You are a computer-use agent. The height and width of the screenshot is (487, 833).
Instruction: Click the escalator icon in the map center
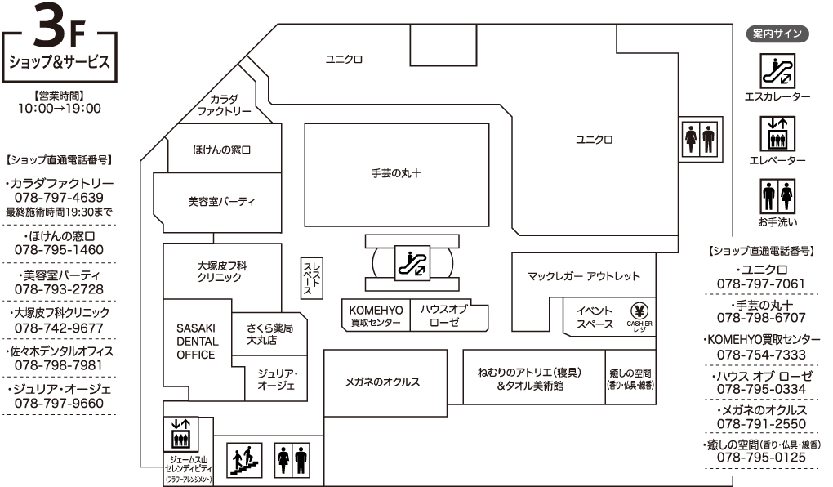pos(412,262)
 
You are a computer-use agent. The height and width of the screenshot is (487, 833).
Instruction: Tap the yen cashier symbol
pos(639,311)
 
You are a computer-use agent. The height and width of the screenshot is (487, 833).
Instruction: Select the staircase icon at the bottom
pos(244,460)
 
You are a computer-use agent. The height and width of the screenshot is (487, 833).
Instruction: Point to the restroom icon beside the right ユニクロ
pos(700,138)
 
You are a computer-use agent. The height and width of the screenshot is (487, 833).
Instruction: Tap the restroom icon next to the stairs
pos(292,460)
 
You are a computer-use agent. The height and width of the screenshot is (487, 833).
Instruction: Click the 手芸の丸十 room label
pos(396,173)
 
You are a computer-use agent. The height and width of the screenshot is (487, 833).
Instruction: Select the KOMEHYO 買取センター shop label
pos(376,315)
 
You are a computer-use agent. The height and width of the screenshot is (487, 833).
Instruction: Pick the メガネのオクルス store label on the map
pos(382,382)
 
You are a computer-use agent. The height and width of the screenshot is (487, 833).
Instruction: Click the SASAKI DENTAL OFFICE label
pos(197,342)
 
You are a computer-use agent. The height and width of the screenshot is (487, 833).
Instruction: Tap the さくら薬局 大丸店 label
pos(269,334)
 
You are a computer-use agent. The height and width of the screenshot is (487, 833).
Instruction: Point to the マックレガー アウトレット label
pos(584,276)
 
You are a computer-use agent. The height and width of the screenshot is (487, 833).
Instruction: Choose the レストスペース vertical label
pos(312,278)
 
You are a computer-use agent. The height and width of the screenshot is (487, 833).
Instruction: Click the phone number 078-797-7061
pos(761,284)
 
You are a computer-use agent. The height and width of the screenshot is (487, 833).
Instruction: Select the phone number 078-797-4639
pos(59,197)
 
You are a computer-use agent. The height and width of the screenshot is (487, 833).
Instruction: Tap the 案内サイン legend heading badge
pos(777,34)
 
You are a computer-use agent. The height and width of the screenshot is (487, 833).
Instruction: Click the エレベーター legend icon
pos(777,134)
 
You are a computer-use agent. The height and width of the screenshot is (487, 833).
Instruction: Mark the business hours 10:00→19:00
pos(60,109)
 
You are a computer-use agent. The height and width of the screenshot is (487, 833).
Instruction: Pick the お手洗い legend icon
pos(777,196)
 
